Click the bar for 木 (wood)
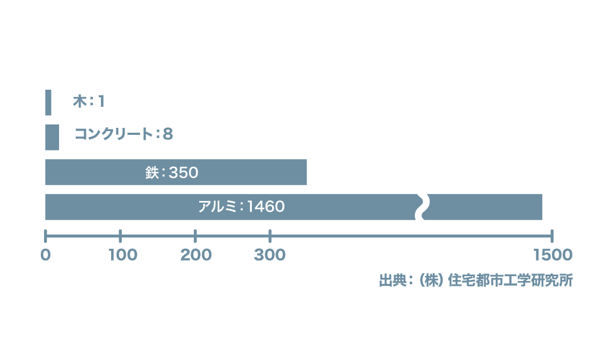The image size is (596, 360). tap(48, 103)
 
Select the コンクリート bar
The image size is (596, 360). tap(52, 138)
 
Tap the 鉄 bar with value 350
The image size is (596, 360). tap(176, 172)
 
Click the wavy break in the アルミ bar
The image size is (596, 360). tap(422, 207)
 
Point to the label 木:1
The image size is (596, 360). tap(89, 101)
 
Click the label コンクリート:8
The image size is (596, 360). tap(124, 134)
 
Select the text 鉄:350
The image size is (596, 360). tap(172, 172)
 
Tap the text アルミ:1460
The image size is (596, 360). tap(242, 206)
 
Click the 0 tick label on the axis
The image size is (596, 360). tap(46, 255)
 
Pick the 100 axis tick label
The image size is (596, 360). tap(123, 255)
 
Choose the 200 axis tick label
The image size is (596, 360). tap(196, 255)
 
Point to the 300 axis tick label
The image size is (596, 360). tap(270, 255)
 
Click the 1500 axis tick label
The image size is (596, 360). tap(553, 255)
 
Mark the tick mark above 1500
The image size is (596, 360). tap(552, 236)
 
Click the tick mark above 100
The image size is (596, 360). tap(120, 236)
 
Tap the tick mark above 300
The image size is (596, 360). tap(270, 236)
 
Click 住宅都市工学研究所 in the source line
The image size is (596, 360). tap(510, 280)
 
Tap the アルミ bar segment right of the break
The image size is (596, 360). tap(483, 207)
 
